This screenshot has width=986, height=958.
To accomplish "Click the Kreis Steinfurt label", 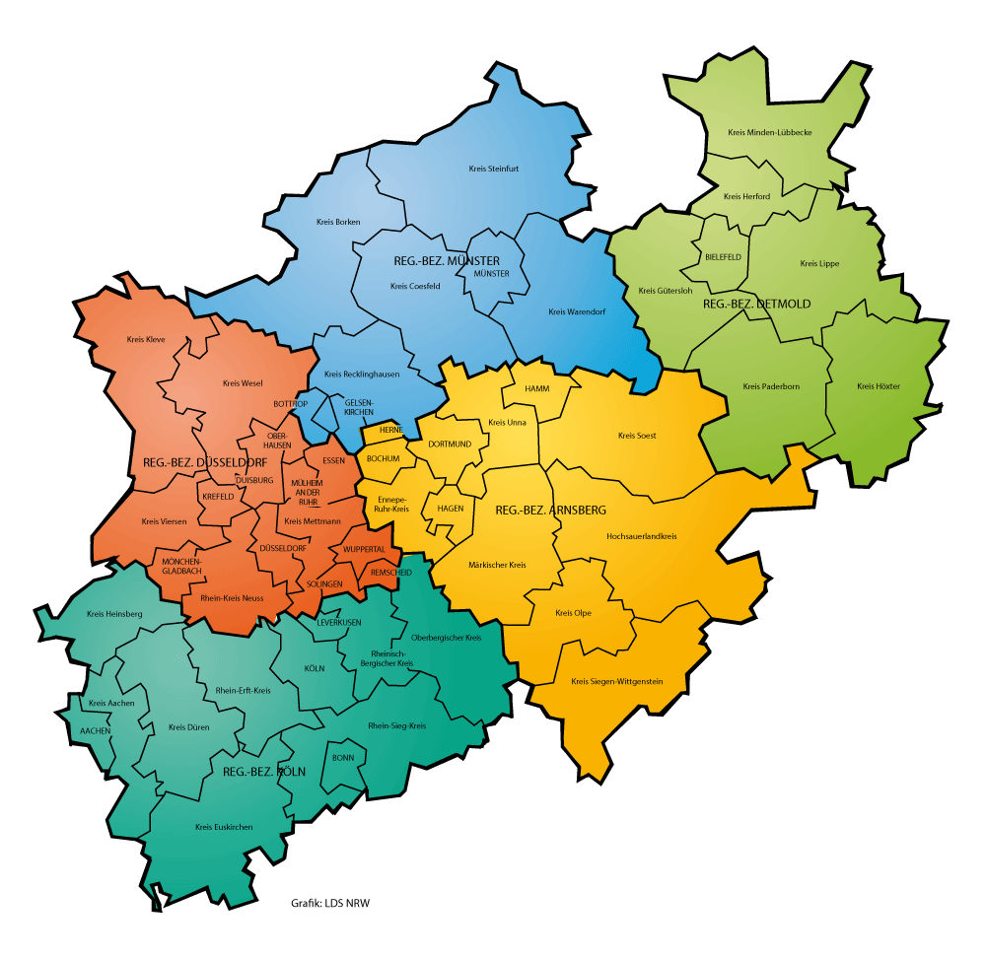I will pos(493,169).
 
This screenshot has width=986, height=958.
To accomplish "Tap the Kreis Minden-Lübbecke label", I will pos(769,132).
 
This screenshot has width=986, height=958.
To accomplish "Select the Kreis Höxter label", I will pos(878,386).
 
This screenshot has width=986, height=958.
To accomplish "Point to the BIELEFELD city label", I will pos(723,257).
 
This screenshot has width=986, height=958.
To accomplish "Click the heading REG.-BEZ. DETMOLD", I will pos(756,305).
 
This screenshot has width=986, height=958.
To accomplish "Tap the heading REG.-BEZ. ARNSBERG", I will pos(549,511).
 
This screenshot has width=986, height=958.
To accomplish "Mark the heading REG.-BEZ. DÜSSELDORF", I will pos(204,463).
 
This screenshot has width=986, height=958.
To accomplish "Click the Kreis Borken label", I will pos(338,222).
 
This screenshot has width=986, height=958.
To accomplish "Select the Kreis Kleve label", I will pos(146,340).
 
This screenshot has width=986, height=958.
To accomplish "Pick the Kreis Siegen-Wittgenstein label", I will pos(616,681).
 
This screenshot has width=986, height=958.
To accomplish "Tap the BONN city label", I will pos(343,758).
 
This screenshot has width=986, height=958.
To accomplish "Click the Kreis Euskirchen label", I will pos(224,827).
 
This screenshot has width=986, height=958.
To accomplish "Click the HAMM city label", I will pos(536,389).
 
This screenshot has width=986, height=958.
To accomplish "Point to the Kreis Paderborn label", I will pos(771,386).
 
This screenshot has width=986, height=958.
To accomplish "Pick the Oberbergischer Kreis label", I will pos(445,638).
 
